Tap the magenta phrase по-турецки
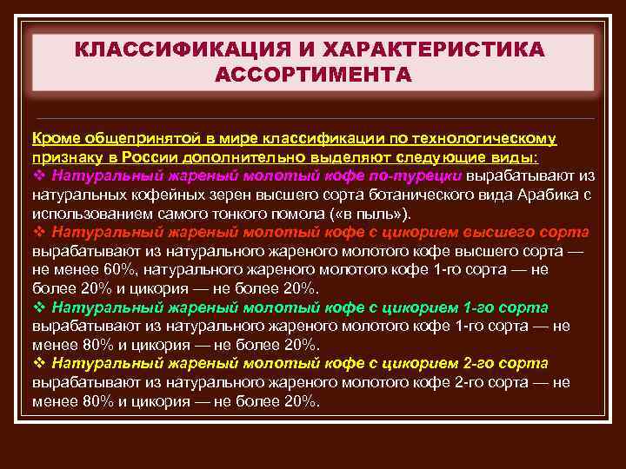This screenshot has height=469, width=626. pos(422,176)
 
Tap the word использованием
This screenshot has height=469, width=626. pos(86,214)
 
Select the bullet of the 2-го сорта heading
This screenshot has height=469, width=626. pos(38,364)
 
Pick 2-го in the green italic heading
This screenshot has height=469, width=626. pos(483,363)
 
